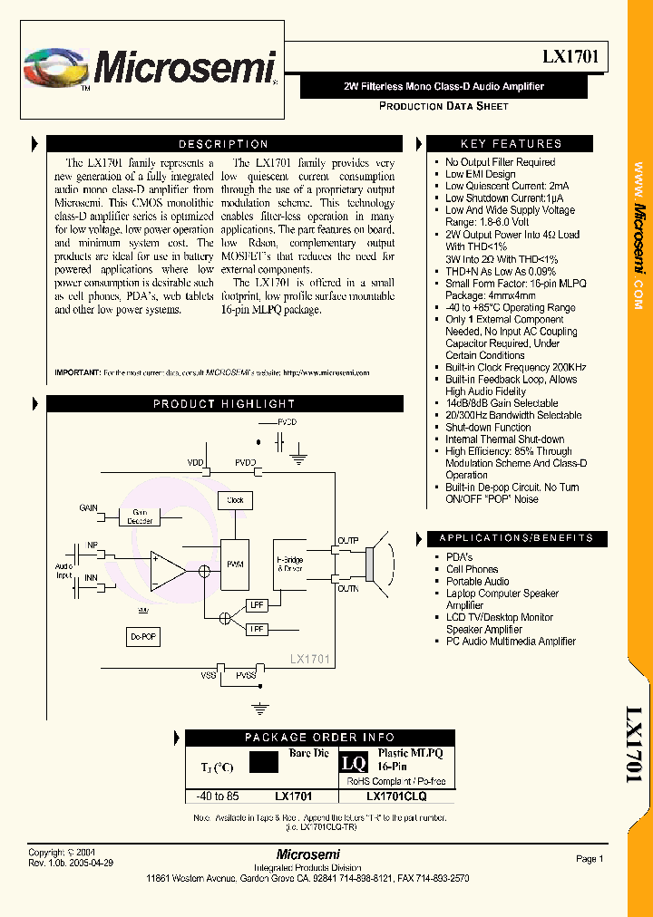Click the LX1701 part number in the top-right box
pos(569,57)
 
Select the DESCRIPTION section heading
pos(223,144)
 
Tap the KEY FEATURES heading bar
pos(511,144)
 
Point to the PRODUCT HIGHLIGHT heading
pos(223,404)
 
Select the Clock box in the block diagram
pos(236,500)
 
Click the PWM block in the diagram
pos(235,566)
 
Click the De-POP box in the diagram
pos(143,638)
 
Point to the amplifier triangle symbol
pos(166,570)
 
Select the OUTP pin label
pos(348,541)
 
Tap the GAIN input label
pos(89,507)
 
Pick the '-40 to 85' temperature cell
pos(218,796)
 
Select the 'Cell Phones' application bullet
pos(472,569)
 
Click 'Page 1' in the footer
pos(589,858)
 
